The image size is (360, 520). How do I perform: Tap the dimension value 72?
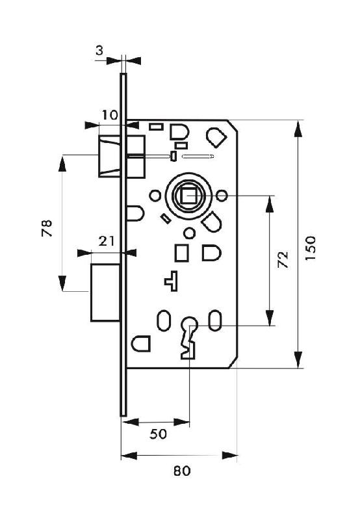click(x=283, y=259)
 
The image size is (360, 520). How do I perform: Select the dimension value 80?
click(x=182, y=471)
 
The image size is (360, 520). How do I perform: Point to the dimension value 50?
click(x=158, y=434)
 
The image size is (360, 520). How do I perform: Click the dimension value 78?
click(x=47, y=228)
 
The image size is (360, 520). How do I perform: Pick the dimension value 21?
click(x=107, y=241)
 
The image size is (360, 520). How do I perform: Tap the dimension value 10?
click(x=110, y=115)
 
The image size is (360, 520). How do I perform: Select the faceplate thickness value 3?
click(x=99, y=51)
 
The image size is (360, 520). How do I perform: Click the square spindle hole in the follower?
click(x=188, y=196)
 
